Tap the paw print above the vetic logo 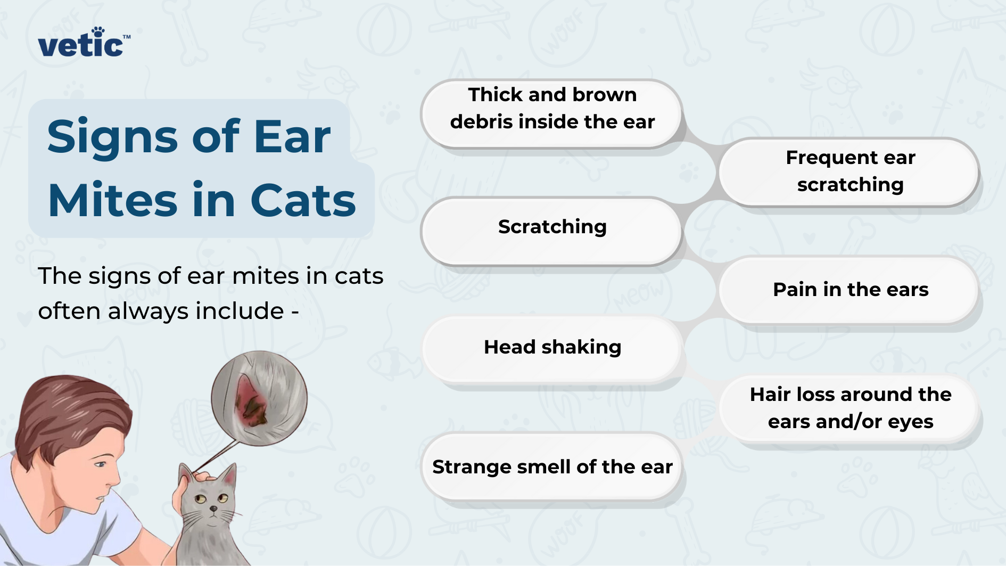tap(98, 31)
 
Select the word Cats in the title tap(303, 200)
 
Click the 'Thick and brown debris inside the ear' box tap(552, 113)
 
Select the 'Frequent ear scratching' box tap(850, 171)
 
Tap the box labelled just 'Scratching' tap(552, 231)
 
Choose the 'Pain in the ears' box tap(850, 289)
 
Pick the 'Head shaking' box tap(552, 349)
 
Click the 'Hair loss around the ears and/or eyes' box tap(850, 408)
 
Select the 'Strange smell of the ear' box tap(552, 466)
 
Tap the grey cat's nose tap(213, 509)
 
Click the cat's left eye tap(200, 499)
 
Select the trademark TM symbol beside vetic tap(127, 37)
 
